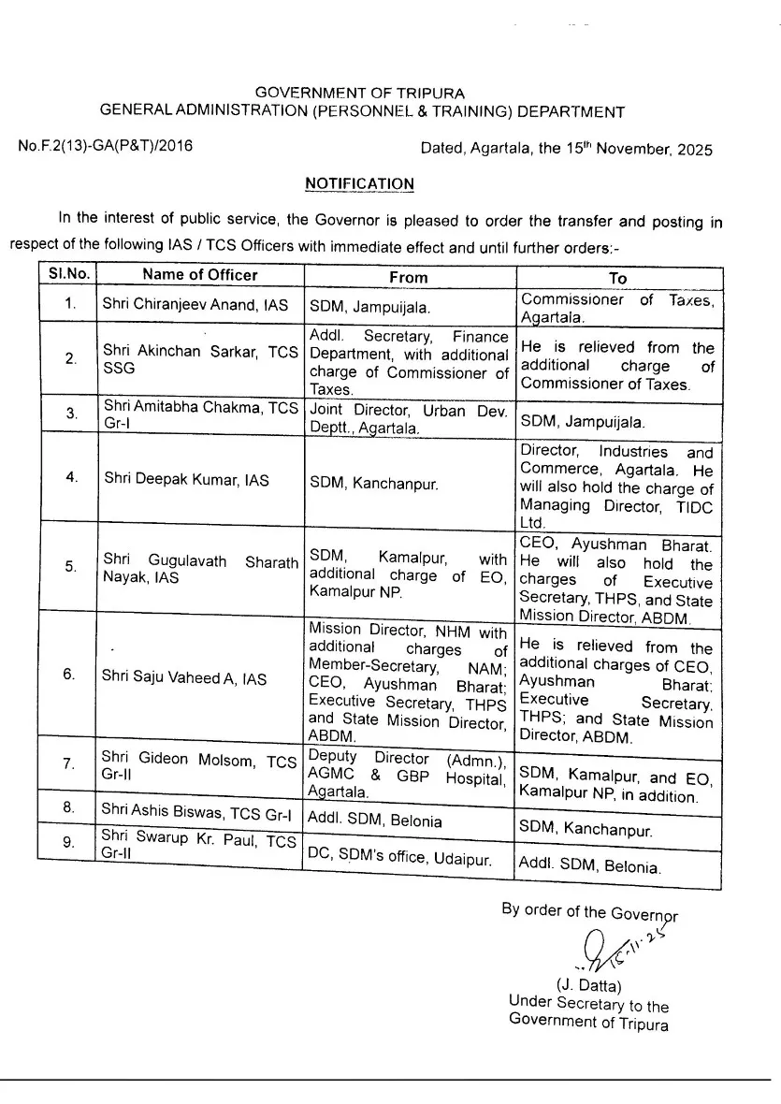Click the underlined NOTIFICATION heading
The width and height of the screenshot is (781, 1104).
click(359, 184)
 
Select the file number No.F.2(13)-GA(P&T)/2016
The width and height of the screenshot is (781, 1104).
click(105, 147)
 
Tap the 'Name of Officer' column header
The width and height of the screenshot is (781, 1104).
click(199, 275)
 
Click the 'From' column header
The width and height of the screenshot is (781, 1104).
click(408, 277)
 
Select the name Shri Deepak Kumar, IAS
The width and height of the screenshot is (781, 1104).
click(186, 480)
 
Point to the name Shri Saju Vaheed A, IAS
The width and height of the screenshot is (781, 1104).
click(184, 678)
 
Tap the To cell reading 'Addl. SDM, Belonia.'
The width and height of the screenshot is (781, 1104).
click(589, 866)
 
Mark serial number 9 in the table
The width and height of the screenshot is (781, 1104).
click(69, 842)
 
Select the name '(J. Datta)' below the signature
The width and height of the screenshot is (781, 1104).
click(588, 985)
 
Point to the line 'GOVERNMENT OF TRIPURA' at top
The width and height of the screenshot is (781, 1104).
click(360, 94)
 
